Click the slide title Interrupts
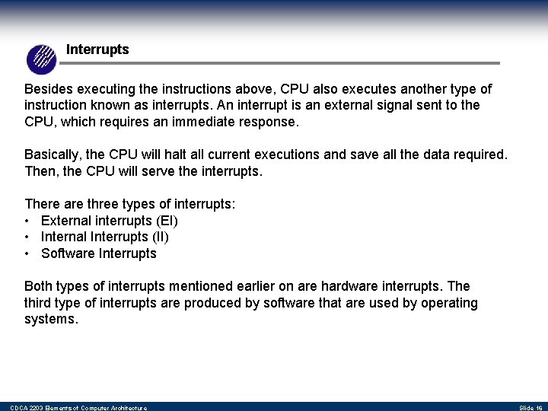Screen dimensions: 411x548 tap(97, 49)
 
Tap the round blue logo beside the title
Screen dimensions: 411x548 tap(42, 59)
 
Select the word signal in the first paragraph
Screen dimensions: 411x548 tap(387, 105)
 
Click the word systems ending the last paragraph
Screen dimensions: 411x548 tap(50, 320)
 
